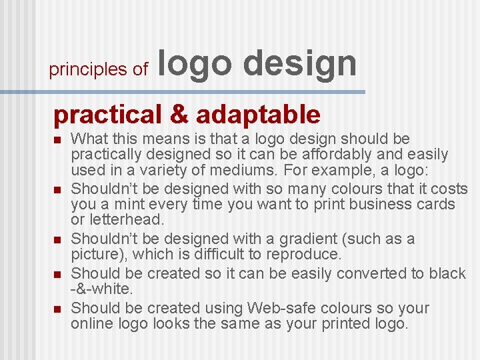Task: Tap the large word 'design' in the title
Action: [x=299, y=64]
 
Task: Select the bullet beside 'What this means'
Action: [x=57, y=140]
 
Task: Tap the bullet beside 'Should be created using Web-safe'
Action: [x=57, y=309]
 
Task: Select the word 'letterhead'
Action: [x=125, y=219]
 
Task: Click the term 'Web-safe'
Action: [x=283, y=308]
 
